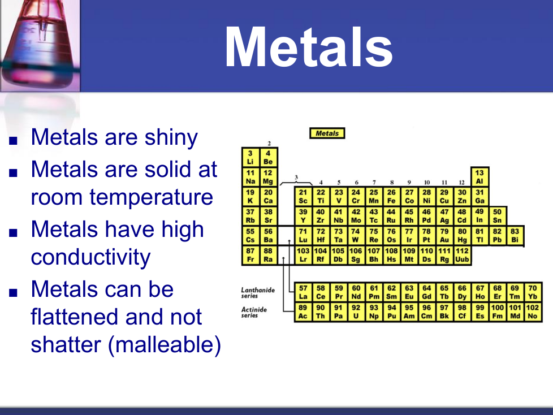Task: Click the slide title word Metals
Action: [309, 47]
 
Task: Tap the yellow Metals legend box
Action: [327, 133]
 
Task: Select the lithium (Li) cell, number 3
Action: [250, 157]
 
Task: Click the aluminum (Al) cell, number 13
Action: [479, 177]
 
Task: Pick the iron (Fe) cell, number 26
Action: [391, 196]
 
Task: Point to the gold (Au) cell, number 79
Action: [444, 236]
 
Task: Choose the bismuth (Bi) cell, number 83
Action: [515, 236]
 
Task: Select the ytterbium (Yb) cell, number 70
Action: [533, 292]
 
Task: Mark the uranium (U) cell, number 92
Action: [356, 312]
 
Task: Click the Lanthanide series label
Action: [258, 293]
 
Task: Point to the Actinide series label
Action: [254, 312]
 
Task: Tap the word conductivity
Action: [90, 257]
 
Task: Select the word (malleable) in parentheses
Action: [165, 345]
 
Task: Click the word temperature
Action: [152, 197]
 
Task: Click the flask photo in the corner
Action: [40, 46]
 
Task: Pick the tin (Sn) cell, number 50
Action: [497, 216]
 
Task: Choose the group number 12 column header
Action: [461, 183]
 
